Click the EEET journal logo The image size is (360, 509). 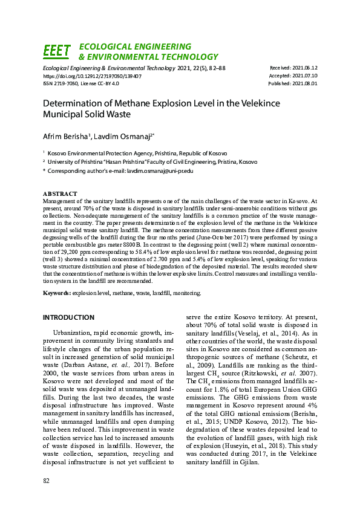(56, 51)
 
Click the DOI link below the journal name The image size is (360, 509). (92, 77)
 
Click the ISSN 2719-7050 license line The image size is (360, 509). (80, 84)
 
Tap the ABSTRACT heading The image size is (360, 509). (59, 193)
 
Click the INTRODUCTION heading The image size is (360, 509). (68, 317)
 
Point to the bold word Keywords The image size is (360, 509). (56, 293)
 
